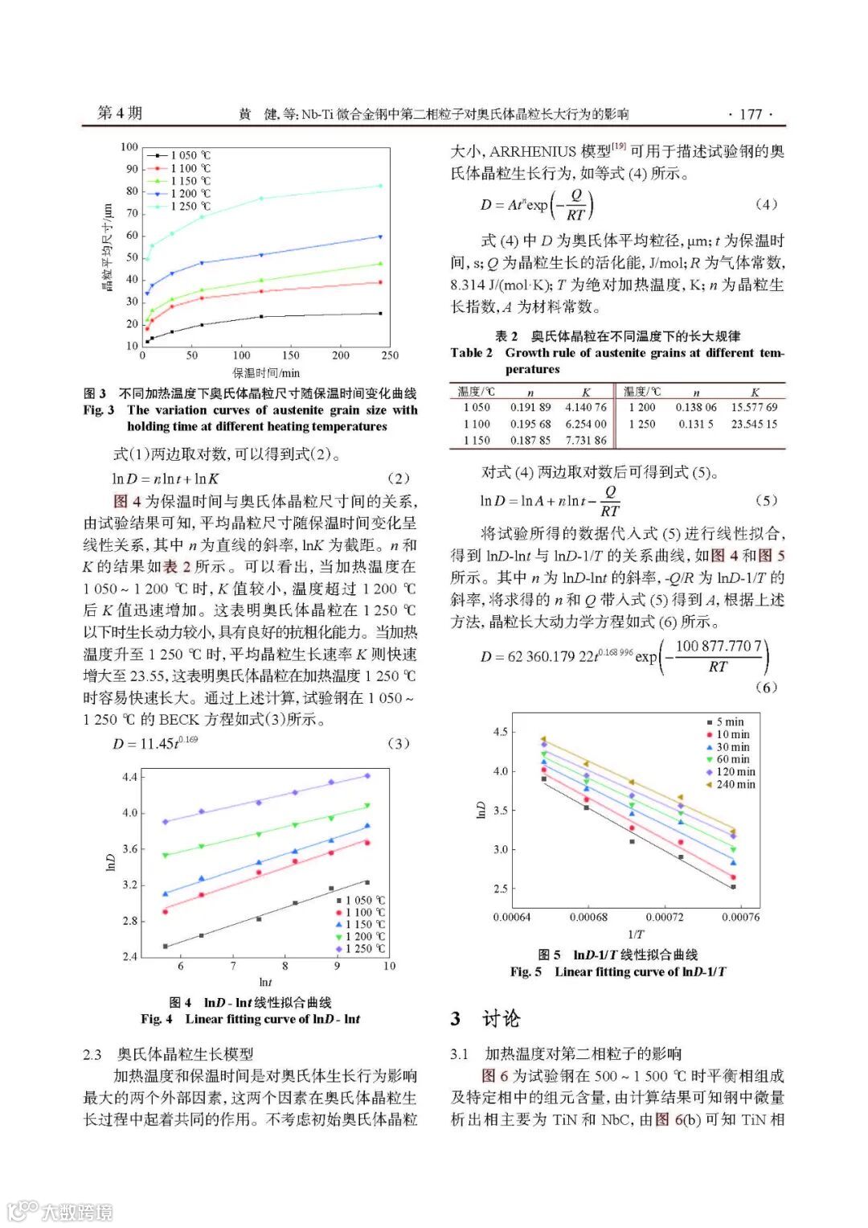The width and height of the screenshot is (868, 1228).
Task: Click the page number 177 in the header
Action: [750, 113]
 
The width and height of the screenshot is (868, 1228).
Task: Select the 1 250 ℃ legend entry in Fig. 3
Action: [190, 207]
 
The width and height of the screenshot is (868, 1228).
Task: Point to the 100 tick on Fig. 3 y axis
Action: [129, 146]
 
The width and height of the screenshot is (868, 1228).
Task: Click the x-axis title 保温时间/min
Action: [266, 372]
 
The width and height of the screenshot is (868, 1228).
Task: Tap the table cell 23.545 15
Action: [754, 424]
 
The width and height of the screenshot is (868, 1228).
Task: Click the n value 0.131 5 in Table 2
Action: [695, 424]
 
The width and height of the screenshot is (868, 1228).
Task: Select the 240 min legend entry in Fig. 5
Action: [735, 784]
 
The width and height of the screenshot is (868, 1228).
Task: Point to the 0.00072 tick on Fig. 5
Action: [665, 917]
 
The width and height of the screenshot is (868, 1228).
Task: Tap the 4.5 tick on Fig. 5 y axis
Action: [500, 732]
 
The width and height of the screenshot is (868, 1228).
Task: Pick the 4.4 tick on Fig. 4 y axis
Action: [129, 777]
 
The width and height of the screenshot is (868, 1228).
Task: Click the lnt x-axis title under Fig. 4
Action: [265, 982]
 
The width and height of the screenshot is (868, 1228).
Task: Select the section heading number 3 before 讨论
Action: [456, 1019]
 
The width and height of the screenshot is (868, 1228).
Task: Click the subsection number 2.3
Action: [92, 1053]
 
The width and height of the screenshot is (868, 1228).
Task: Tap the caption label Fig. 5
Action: [526, 971]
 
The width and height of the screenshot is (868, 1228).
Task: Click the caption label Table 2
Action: [472, 352]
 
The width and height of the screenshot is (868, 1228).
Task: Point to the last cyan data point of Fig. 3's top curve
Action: [380, 186]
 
